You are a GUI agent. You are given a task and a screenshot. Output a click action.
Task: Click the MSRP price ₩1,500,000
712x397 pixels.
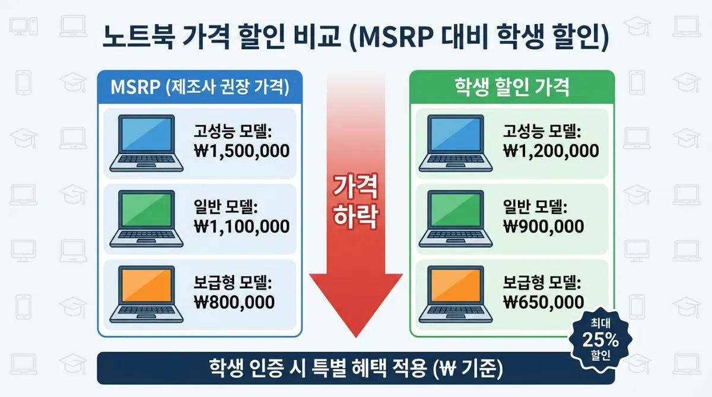click(241, 151)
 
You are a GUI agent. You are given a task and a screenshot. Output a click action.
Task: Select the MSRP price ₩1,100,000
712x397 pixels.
click(241, 226)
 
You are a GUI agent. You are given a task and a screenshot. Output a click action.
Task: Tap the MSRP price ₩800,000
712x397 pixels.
click(234, 302)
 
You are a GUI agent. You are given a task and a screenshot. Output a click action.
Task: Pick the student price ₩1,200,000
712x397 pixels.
click(551, 151)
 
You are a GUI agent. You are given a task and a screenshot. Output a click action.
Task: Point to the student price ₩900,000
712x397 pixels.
click(543, 226)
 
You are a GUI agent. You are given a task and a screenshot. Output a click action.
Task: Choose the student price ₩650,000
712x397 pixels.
click(543, 302)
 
